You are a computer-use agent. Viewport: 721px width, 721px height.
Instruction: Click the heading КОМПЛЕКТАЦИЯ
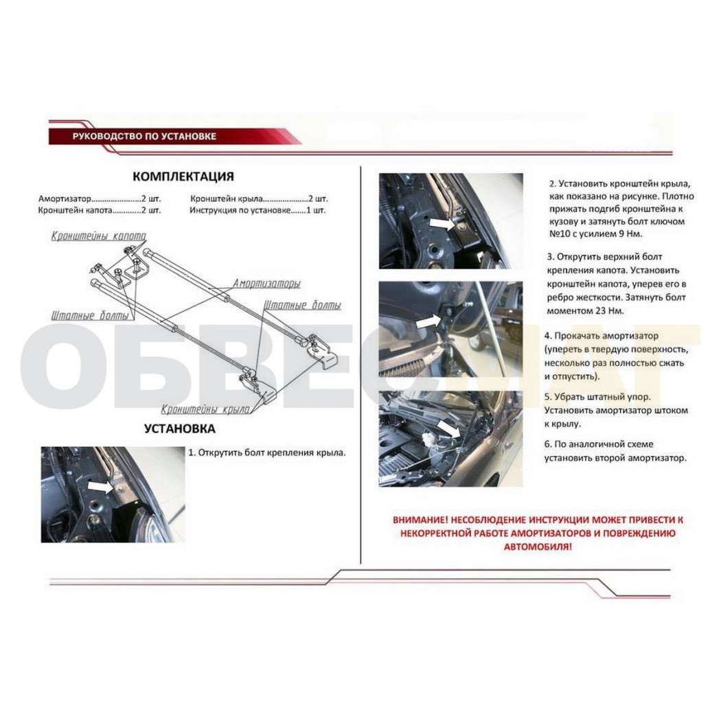coord(183,176)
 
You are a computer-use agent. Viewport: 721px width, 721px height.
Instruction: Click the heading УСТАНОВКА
coord(179,428)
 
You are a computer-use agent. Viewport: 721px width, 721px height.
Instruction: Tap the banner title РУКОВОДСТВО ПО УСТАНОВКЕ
coord(144,137)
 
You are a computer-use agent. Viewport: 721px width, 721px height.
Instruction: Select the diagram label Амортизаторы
coord(266,283)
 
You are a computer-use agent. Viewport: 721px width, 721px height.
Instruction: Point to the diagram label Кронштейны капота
coord(98,236)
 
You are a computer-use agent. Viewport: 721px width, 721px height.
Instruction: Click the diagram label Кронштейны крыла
coord(205,409)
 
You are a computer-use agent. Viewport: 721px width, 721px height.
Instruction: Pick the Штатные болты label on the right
coord(303,306)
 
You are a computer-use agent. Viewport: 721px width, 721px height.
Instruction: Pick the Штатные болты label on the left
coord(90,316)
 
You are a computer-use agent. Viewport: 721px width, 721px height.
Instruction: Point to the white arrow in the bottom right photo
coord(448,428)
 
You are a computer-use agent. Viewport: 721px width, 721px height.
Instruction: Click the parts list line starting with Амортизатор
coord(100,199)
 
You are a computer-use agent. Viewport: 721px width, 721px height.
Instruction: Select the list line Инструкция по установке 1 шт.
coord(257,211)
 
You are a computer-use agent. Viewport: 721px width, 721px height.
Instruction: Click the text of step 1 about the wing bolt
coord(266,453)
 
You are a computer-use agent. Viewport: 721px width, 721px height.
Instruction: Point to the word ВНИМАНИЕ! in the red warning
coord(420,520)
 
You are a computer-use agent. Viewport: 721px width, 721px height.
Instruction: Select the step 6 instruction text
coord(615,451)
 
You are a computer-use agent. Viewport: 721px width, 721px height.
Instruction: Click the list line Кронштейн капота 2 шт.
coord(100,211)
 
